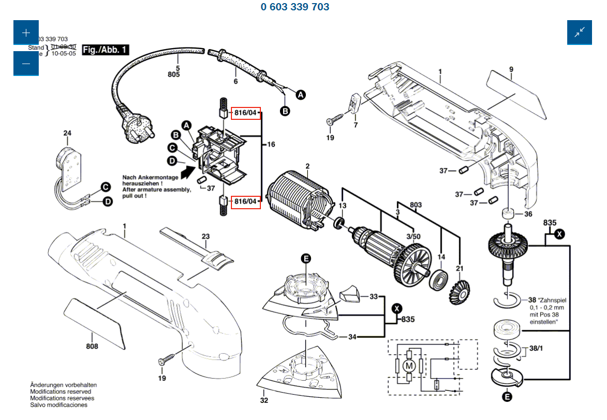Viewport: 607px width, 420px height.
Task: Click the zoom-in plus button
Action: pyautogui.click(x=26, y=33)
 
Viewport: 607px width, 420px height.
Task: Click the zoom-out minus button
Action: pyautogui.click(x=26, y=64)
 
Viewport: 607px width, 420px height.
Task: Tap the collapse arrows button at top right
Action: pyautogui.click(x=579, y=32)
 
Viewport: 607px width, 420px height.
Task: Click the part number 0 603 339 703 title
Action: pyautogui.click(x=295, y=7)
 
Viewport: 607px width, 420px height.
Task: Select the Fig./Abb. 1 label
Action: pyautogui.click(x=105, y=50)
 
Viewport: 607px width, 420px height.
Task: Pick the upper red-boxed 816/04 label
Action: pyautogui.click(x=245, y=113)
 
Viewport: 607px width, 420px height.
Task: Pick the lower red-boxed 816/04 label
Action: pyautogui.click(x=245, y=201)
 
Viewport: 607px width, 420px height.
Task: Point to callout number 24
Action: pyautogui.click(x=67, y=133)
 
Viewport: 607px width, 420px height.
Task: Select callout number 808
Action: pyautogui.click(x=92, y=347)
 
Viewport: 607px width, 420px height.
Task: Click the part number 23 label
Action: pyautogui.click(x=206, y=237)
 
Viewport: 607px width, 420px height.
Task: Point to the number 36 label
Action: pyautogui.click(x=528, y=214)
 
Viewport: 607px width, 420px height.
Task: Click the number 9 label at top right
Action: pyautogui.click(x=511, y=69)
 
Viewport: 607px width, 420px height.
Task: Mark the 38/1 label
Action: pyautogui.click(x=536, y=349)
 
